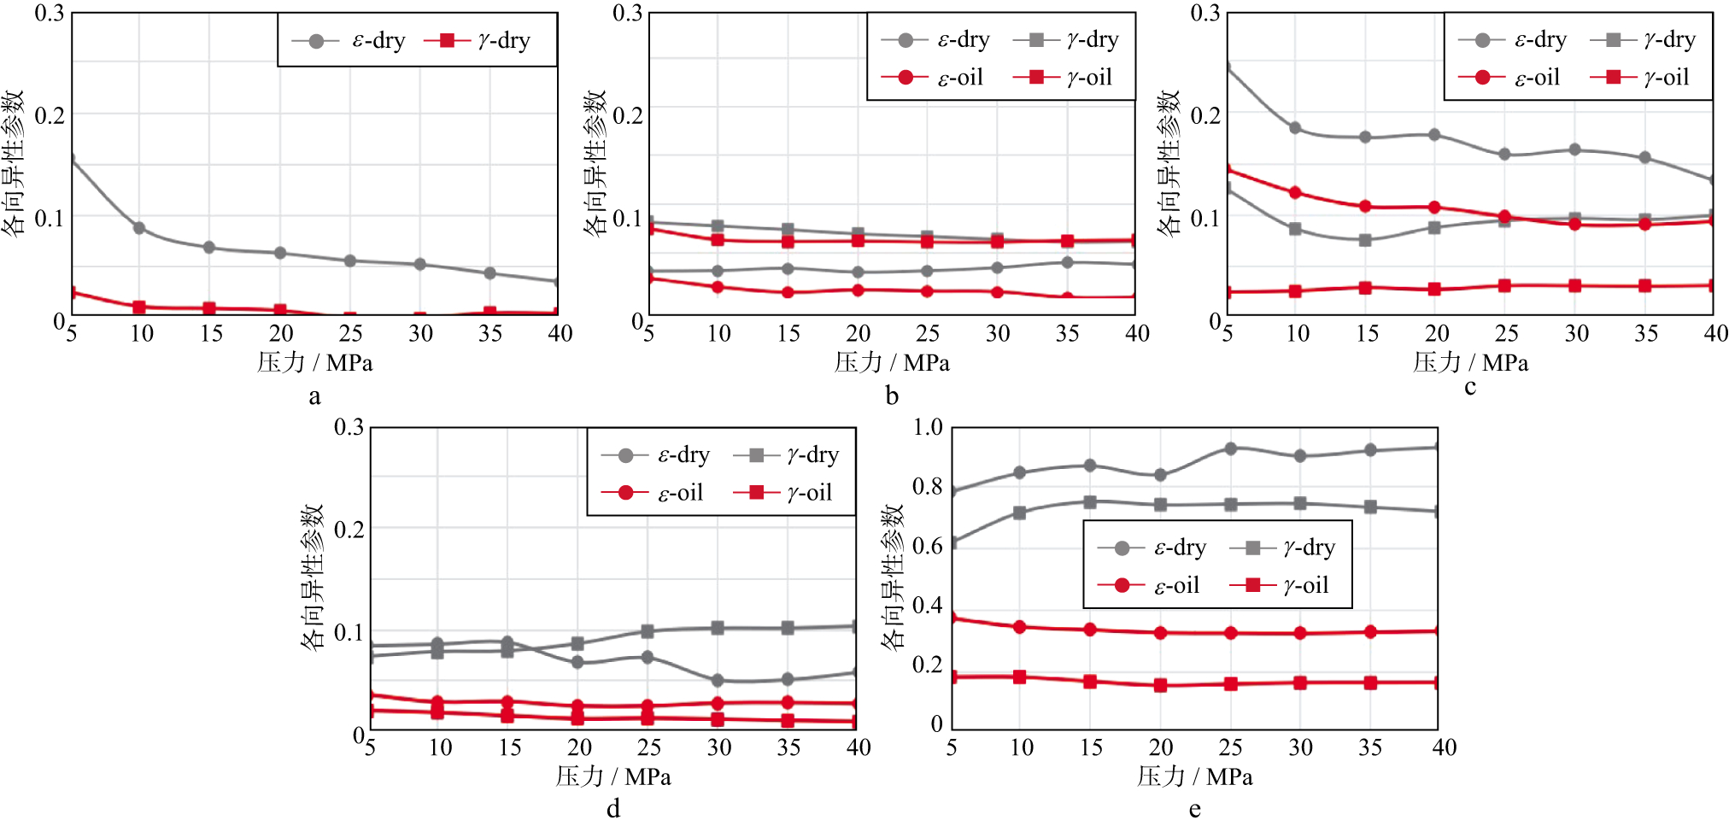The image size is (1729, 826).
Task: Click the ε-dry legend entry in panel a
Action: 349,40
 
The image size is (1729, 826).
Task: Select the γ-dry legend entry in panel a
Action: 478,40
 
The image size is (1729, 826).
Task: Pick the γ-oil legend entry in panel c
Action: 1639,78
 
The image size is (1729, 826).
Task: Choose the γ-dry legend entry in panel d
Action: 786,455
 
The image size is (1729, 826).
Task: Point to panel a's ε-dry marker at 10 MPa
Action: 139,228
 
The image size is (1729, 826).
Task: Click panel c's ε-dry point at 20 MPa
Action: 1434,135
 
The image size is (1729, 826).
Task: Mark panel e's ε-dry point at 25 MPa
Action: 1231,448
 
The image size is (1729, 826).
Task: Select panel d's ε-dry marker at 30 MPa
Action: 718,681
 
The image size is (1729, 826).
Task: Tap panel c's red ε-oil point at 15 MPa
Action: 1365,207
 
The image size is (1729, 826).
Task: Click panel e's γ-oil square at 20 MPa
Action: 1160,685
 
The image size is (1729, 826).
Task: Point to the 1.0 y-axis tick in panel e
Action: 928,427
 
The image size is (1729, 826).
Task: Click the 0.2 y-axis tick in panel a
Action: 50,115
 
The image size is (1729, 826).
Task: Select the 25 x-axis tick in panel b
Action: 928,334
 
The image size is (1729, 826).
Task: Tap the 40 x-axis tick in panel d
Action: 859,748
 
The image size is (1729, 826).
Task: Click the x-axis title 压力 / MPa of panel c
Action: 1470,363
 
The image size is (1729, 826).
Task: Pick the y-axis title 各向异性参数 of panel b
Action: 595,163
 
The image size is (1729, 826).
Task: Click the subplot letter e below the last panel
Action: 1194,809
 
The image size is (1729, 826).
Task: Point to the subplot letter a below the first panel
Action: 314,396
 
